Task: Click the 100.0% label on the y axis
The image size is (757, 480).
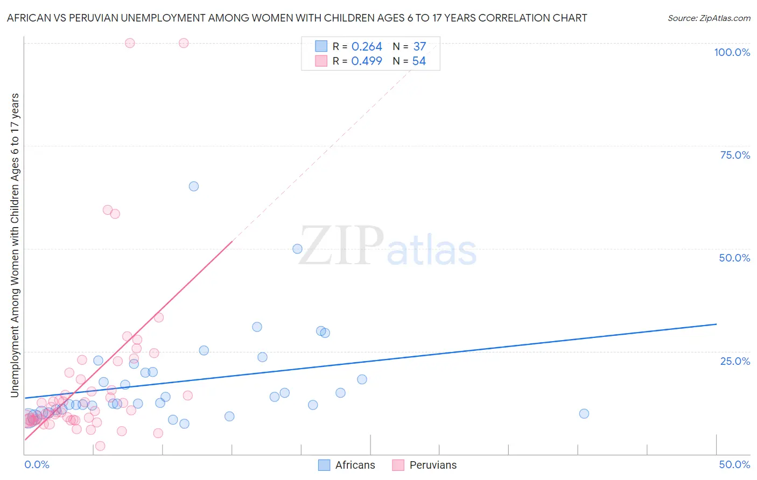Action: (732, 52)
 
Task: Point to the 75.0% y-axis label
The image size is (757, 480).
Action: (735, 155)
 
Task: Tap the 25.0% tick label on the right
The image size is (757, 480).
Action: (735, 361)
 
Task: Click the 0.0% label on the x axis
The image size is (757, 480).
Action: (37, 464)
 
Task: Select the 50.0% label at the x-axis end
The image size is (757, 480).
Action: (734, 464)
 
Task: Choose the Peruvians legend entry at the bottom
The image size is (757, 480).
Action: (425, 465)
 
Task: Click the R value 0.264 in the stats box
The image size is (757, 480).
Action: (367, 47)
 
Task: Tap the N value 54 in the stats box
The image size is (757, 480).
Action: (419, 61)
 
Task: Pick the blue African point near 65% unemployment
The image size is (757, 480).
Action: (194, 186)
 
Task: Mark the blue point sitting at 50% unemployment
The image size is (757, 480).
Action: (297, 249)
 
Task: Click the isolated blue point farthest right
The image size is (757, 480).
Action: (584, 414)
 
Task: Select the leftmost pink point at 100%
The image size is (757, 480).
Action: (130, 43)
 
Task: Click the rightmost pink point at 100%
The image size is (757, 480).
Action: (184, 43)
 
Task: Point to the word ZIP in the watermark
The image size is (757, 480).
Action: (341, 246)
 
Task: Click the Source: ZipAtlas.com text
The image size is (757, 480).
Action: (709, 18)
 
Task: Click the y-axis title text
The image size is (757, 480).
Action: (15, 245)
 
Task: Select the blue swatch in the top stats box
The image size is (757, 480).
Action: (321, 47)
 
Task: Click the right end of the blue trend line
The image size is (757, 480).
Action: (716, 324)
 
